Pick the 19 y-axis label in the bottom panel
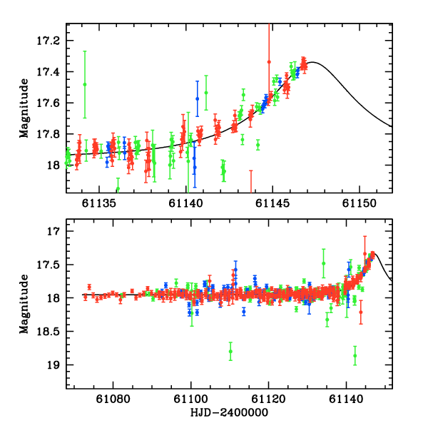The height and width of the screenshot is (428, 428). click(x=54, y=365)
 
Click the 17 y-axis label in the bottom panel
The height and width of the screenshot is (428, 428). click(x=54, y=232)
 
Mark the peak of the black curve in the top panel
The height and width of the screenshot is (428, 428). click(x=312, y=62)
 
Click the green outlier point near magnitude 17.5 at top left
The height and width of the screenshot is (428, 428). click(x=85, y=84)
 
